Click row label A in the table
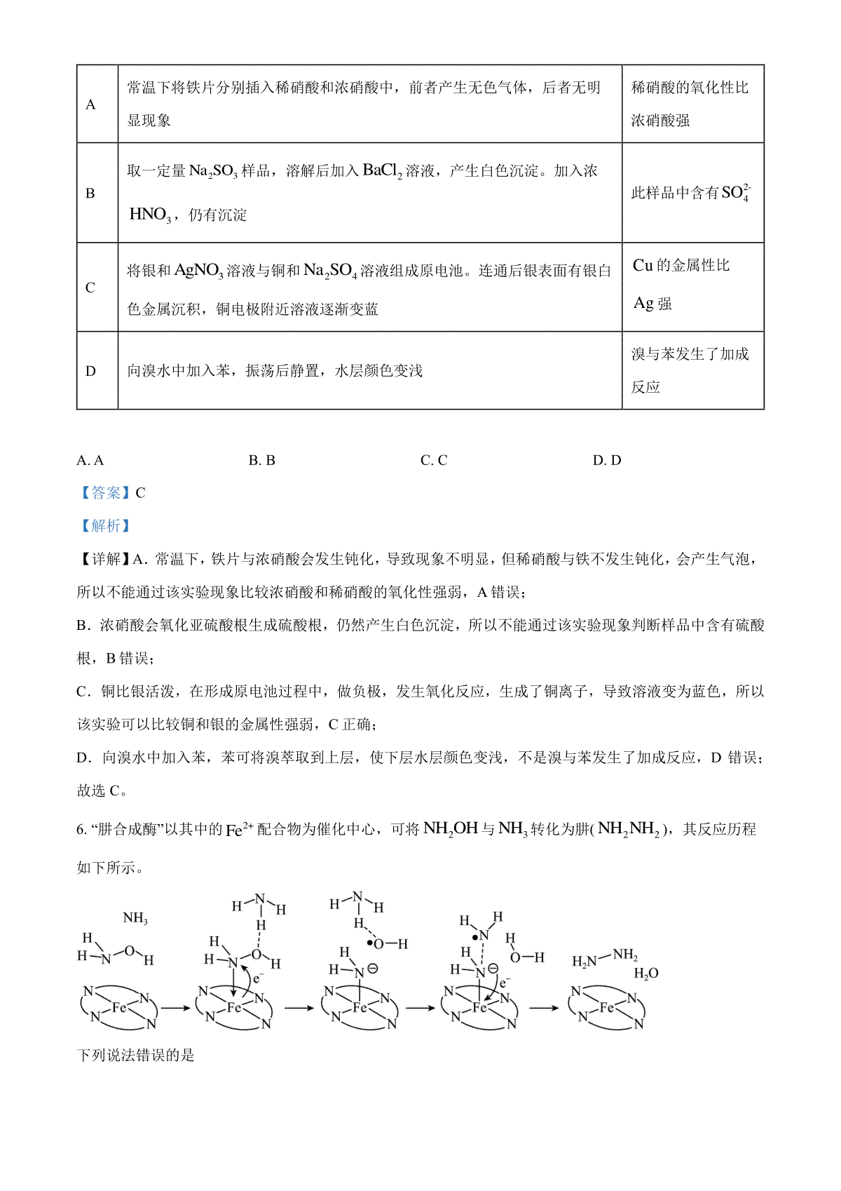coord(90,105)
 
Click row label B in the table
coord(90,194)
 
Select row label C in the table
coord(90,288)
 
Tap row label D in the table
coord(90,371)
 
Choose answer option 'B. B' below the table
coord(262,461)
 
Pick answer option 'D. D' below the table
coord(607,461)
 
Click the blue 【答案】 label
coord(104,493)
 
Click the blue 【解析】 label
coord(104,526)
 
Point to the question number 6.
coord(81,830)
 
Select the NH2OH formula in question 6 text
coord(451,829)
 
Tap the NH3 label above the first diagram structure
coord(135,918)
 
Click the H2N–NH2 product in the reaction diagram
coord(604,957)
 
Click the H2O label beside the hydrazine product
coord(645,974)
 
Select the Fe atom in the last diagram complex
coord(607,1007)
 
